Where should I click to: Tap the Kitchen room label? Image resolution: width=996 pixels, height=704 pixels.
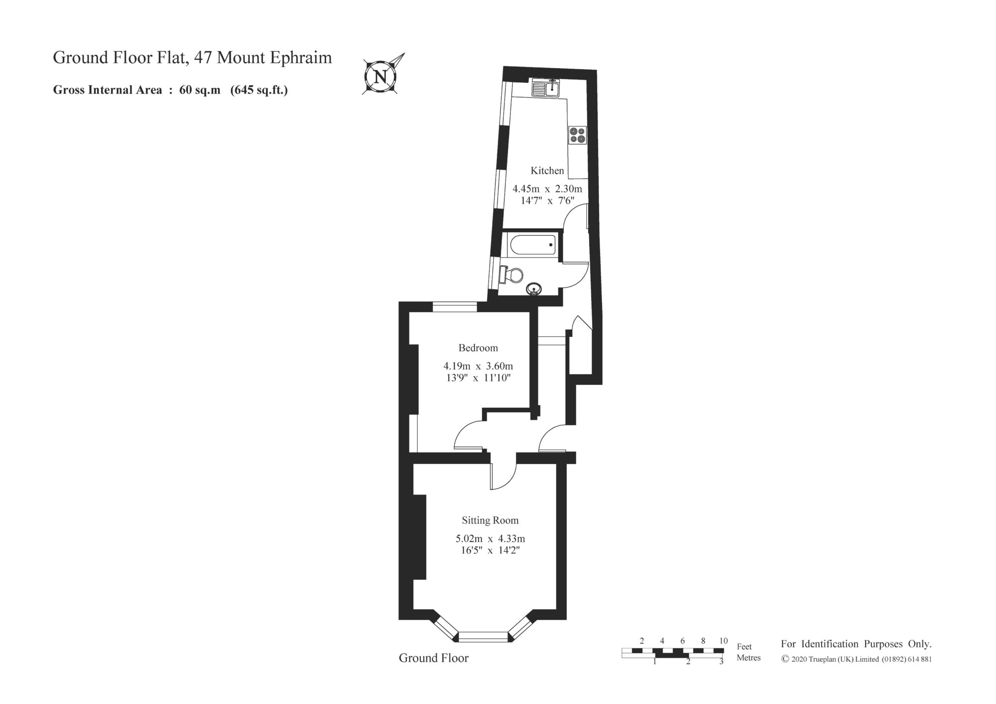[547, 171]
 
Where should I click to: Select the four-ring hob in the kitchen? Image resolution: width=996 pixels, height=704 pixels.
[578, 135]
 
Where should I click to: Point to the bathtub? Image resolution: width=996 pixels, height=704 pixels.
[532, 245]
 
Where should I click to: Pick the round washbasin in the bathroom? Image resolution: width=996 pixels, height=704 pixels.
[534, 289]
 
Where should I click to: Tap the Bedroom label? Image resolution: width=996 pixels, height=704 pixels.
[478, 348]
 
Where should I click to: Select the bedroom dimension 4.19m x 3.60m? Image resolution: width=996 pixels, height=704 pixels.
[478, 366]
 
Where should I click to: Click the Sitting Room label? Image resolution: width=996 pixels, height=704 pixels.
[490, 520]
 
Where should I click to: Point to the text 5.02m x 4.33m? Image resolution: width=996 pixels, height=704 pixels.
[491, 539]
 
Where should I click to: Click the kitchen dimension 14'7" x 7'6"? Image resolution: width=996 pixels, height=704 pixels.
[547, 201]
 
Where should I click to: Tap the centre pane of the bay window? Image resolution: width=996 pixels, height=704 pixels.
[483, 636]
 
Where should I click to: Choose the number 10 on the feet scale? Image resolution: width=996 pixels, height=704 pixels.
[724, 641]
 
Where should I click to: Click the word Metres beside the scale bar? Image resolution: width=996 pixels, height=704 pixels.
[748, 658]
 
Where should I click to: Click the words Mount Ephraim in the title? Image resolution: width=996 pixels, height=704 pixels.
[275, 58]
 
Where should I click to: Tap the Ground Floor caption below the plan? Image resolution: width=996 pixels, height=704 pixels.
[434, 658]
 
